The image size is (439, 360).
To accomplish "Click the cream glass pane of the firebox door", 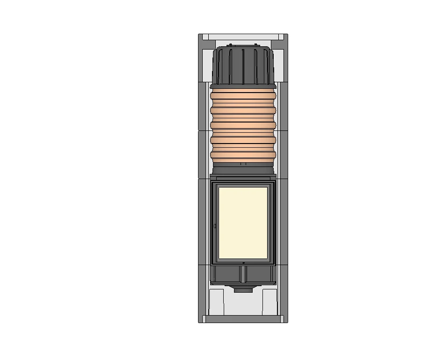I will tap(243, 223).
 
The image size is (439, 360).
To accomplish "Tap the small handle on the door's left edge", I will tap(215, 226).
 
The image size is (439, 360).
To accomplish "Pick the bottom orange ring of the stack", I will tap(243, 155).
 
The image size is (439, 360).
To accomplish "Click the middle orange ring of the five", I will tap(243, 125).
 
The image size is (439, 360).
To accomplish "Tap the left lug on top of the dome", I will tap(230, 45).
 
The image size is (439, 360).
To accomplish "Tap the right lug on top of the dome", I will tap(256, 45).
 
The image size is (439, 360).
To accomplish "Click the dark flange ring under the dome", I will tap(243, 86).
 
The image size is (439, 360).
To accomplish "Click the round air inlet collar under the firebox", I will tap(242, 290).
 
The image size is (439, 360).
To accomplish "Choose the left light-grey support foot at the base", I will tap(216, 302).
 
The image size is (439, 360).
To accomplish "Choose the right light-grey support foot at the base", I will tap(269, 302).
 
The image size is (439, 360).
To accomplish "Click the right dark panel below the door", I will tap(259, 275).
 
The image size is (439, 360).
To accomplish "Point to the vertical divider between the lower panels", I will tap(243, 275).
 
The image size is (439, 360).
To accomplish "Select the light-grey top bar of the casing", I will tap(243, 36).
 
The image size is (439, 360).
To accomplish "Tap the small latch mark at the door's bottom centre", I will tap(243, 264).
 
